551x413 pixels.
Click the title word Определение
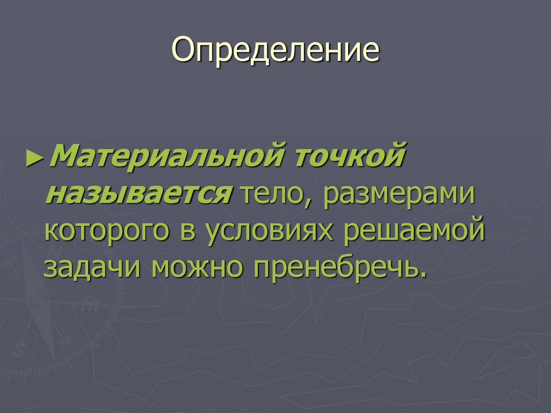coord(276,51)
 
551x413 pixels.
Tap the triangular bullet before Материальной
coord(33,159)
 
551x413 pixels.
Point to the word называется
coord(138,193)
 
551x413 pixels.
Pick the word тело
coord(273,193)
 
